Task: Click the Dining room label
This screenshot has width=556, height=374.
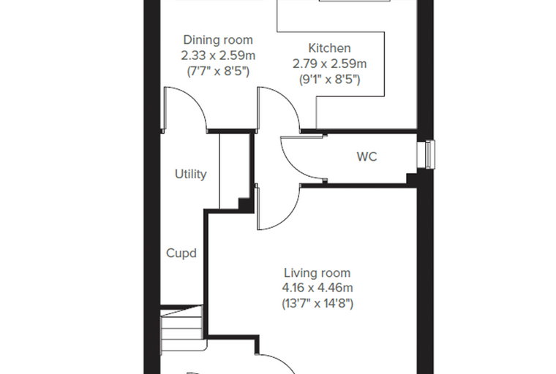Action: point(218,40)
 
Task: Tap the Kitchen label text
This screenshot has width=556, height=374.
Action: point(329,48)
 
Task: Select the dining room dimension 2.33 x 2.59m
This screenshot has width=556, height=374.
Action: point(218,56)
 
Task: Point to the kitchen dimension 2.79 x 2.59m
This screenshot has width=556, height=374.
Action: point(329,64)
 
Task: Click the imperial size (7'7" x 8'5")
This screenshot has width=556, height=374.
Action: point(218,72)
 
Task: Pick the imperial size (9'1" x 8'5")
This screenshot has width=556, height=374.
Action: point(329,80)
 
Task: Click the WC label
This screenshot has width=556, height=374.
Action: point(367,156)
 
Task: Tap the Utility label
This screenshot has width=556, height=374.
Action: point(190,175)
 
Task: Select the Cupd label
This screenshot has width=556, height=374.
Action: point(181,253)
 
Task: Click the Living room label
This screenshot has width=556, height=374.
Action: point(317,273)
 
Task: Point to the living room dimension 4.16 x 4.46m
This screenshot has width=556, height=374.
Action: point(317,288)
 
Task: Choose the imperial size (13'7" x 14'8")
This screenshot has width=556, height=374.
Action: point(317,304)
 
